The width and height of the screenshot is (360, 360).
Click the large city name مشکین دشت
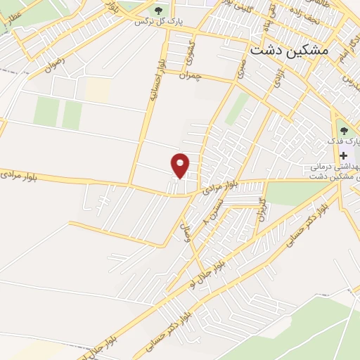[x=288, y=51]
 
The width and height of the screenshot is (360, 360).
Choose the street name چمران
[x=190, y=75]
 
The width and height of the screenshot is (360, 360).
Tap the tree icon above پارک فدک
[x=343, y=129]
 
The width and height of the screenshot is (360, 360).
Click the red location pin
[x=181, y=165]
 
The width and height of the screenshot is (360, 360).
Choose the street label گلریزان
[x=262, y=210]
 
